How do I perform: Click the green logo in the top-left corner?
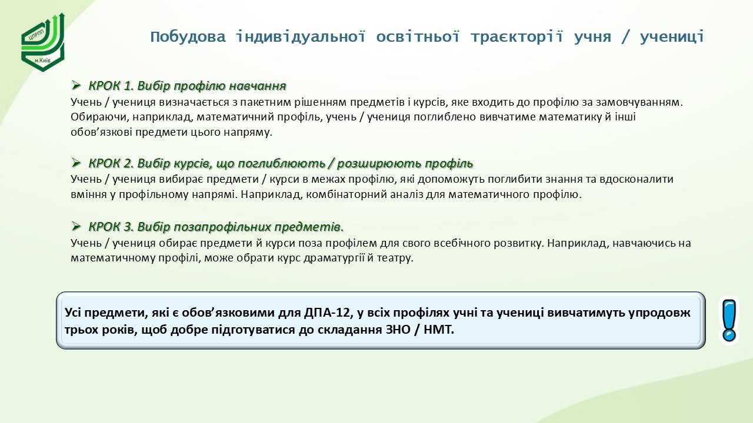coord(43,42)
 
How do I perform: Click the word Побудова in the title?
coord(188,36)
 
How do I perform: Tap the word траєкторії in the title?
coord(517,36)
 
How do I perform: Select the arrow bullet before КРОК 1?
coord(76,86)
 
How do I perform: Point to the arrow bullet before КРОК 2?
coord(76,163)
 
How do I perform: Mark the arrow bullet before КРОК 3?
coord(76,227)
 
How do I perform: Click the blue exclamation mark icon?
coord(729,320)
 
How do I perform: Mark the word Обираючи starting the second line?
coord(100,117)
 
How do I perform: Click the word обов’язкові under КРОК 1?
coord(102,132)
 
